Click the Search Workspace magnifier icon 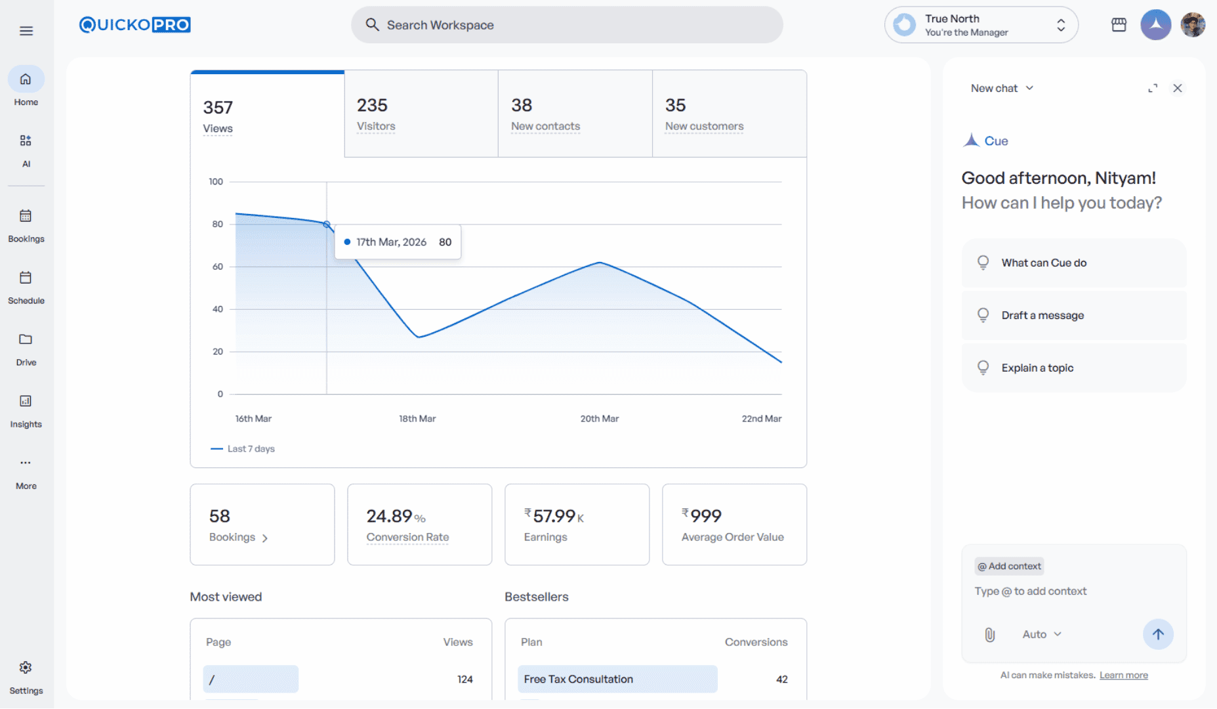click(372, 25)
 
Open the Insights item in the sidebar click(26, 410)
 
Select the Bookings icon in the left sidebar click(26, 216)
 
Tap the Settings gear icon click(26, 668)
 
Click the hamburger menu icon click(26, 31)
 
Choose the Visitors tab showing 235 click(421, 114)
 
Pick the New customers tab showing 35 click(729, 114)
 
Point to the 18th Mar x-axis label click(417, 419)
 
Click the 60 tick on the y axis click(217, 267)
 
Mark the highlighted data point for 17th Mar click(327, 225)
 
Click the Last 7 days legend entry click(243, 449)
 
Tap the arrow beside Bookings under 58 click(265, 538)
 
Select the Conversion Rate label click(407, 537)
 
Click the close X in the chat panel click(1178, 88)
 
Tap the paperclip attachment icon click(990, 634)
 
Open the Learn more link click(1123, 676)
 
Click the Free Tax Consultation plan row click(617, 679)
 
